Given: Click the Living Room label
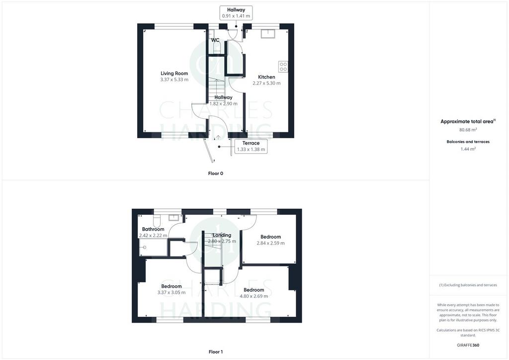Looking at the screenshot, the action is click(x=174, y=74).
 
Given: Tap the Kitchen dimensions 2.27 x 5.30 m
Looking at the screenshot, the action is click(x=266, y=83).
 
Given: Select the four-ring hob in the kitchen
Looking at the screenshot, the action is click(x=283, y=67).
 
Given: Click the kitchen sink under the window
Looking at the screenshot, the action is click(x=268, y=33).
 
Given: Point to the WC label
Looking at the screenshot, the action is click(x=215, y=40).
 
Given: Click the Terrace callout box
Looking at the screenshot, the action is click(x=251, y=146).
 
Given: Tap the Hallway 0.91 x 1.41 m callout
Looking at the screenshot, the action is click(x=236, y=13).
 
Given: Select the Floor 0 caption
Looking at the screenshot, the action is click(x=216, y=174).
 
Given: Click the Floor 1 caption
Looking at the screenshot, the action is click(x=216, y=352).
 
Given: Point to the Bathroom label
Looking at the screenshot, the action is click(x=153, y=229).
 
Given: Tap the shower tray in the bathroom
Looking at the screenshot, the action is click(x=153, y=247).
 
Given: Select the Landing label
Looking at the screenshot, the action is click(x=222, y=235).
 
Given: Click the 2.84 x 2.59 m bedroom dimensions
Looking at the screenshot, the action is click(x=271, y=243).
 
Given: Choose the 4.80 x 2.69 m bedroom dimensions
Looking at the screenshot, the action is click(x=254, y=296).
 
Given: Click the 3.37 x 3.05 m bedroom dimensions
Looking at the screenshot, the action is click(x=171, y=292).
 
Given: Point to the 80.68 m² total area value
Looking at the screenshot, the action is click(x=468, y=129).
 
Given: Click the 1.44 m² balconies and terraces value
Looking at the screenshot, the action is click(x=468, y=149).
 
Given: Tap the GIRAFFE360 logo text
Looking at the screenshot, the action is click(x=468, y=345).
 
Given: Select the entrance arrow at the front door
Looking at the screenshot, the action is click(x=219, y=137).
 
